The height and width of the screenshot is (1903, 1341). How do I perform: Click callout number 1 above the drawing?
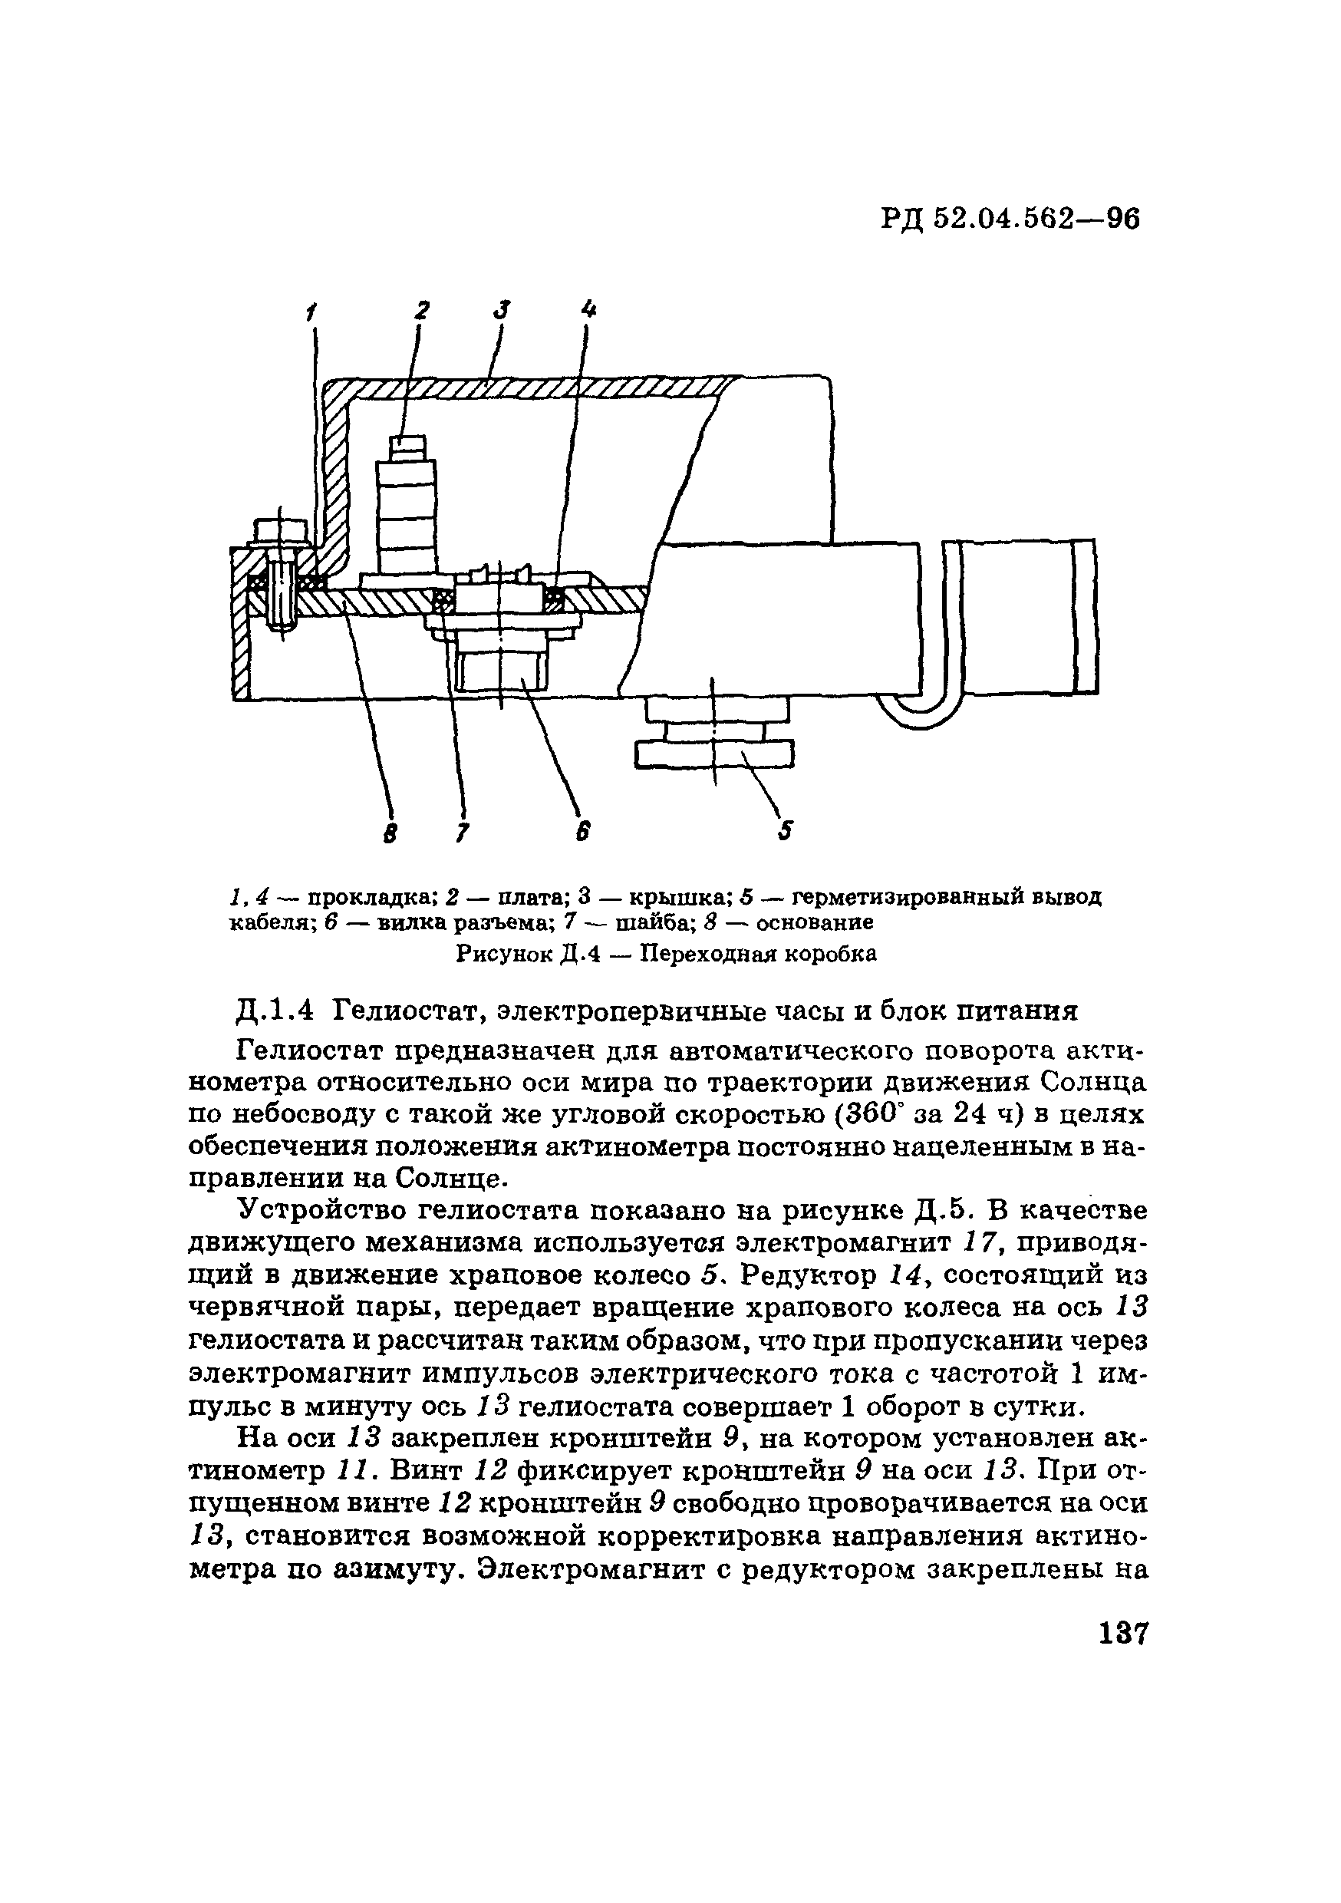[x=311, y=312]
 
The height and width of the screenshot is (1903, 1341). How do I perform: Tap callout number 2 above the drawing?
[x=422, y=310]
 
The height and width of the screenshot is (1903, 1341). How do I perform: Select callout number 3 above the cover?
[x=502, y=309]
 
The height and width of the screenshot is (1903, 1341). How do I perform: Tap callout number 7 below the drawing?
[x=462, y=831]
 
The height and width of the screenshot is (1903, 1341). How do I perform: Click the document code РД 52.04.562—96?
[x=1010, y=219]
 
